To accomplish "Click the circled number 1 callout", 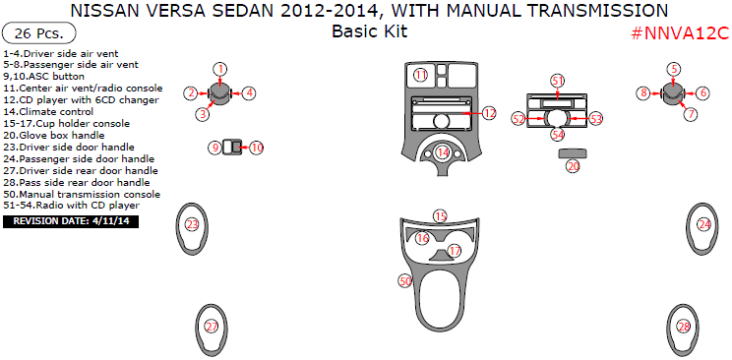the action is coord(220,69).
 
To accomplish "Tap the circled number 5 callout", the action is coord(674,69).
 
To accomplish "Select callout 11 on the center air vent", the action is coord(420,76).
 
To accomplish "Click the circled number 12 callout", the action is coord(489,114).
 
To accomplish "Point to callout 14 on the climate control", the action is coord(443,152).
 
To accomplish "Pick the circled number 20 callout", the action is coord(573,167).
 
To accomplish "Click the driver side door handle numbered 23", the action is coord(192,225).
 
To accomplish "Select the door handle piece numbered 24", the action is coord(704,225).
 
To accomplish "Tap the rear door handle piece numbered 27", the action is coord(211,327).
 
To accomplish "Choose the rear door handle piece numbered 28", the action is coord(684,327).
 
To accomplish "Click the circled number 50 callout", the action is coord(404,281).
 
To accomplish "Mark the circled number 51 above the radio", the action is coord(558,81).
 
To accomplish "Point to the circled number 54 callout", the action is coord(558,135).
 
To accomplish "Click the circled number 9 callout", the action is coord(213,148).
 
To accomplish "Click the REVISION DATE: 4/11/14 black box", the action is coord(72,222).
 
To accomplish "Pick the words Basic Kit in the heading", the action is coord(369,30).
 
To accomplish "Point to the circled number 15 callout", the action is coord(440,216).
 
